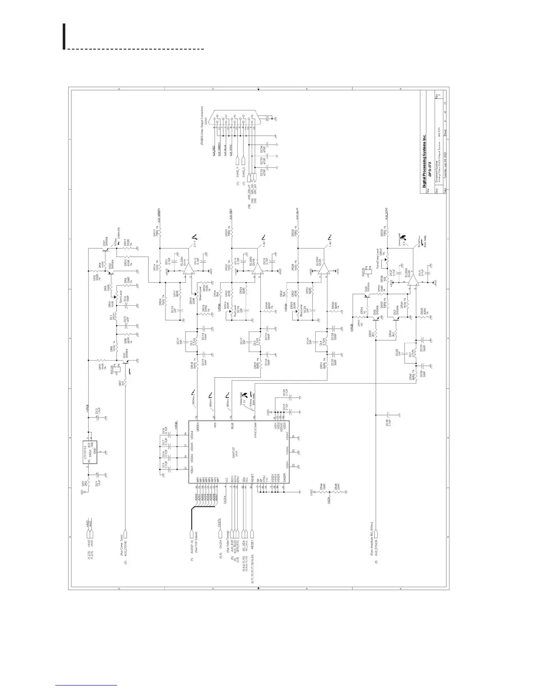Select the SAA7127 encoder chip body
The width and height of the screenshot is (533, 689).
239,452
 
